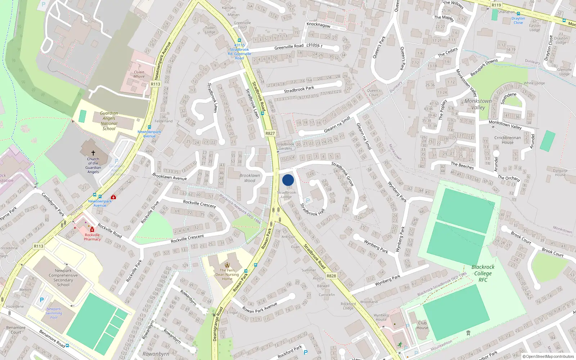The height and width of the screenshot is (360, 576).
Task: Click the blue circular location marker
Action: point(288,180)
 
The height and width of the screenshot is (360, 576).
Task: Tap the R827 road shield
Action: point(270,133)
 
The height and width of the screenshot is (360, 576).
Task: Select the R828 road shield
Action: point(331,276)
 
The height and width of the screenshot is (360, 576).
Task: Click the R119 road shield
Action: point(496,5)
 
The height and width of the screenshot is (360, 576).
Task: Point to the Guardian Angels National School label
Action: point(109,121)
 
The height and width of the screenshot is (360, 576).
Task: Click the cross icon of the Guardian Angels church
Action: point(93,153)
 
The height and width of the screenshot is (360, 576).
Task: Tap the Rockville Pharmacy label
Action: point(92,237)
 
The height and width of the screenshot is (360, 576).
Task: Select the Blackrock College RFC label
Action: point(483,273)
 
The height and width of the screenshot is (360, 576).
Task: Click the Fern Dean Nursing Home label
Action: point(227,274)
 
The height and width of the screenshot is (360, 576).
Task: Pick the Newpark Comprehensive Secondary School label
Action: point(63,278)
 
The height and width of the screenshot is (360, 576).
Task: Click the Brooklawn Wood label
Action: point(249,178)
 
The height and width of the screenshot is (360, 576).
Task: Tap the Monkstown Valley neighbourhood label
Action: point(478,104)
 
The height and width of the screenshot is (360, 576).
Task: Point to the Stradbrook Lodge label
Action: point(287,195)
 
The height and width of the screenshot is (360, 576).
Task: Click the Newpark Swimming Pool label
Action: point(54,313)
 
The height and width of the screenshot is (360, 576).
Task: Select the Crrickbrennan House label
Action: point(508,140)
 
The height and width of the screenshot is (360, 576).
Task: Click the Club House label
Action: point(422,325)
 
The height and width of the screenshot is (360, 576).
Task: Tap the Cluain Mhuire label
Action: point(139,74)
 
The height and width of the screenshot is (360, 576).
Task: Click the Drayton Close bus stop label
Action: point(518,21)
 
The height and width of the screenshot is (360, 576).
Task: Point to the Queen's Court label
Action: point(374,93)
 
